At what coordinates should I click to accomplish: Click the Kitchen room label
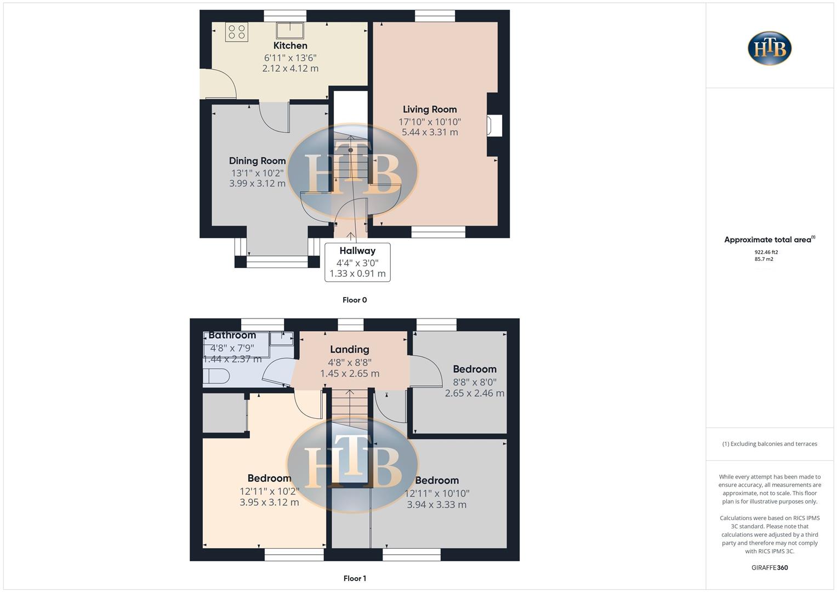(x=290, y=45)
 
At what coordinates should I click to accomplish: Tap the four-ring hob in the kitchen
(x=236, y=32)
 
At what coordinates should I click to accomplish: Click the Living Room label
(x=430, y=109)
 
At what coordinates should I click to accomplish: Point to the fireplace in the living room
(x=494, y=126)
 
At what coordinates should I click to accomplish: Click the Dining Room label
(x=257, y=161)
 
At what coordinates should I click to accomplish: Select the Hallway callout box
(x=357, y=262)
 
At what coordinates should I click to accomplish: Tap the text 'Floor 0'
(x=355, y=300)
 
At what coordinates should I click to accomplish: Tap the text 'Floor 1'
(x=355, y=578)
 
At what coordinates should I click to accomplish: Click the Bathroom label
(x=232, y=335)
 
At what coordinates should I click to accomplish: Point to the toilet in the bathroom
(x=216, y=377)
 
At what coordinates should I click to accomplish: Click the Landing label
(x=349, y=349)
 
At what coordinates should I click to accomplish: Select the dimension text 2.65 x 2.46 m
(x=474, y=393)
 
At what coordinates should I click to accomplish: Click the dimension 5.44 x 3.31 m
(x=430, y=132)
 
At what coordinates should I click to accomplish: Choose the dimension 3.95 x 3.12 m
(x=269, y=502)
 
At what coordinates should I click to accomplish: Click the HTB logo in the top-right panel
(x=769, y=48)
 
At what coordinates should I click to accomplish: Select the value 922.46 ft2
(x=766, y=252)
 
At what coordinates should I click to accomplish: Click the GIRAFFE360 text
(x=769, y=567)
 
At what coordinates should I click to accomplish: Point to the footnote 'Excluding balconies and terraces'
(x=769, y=444)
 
